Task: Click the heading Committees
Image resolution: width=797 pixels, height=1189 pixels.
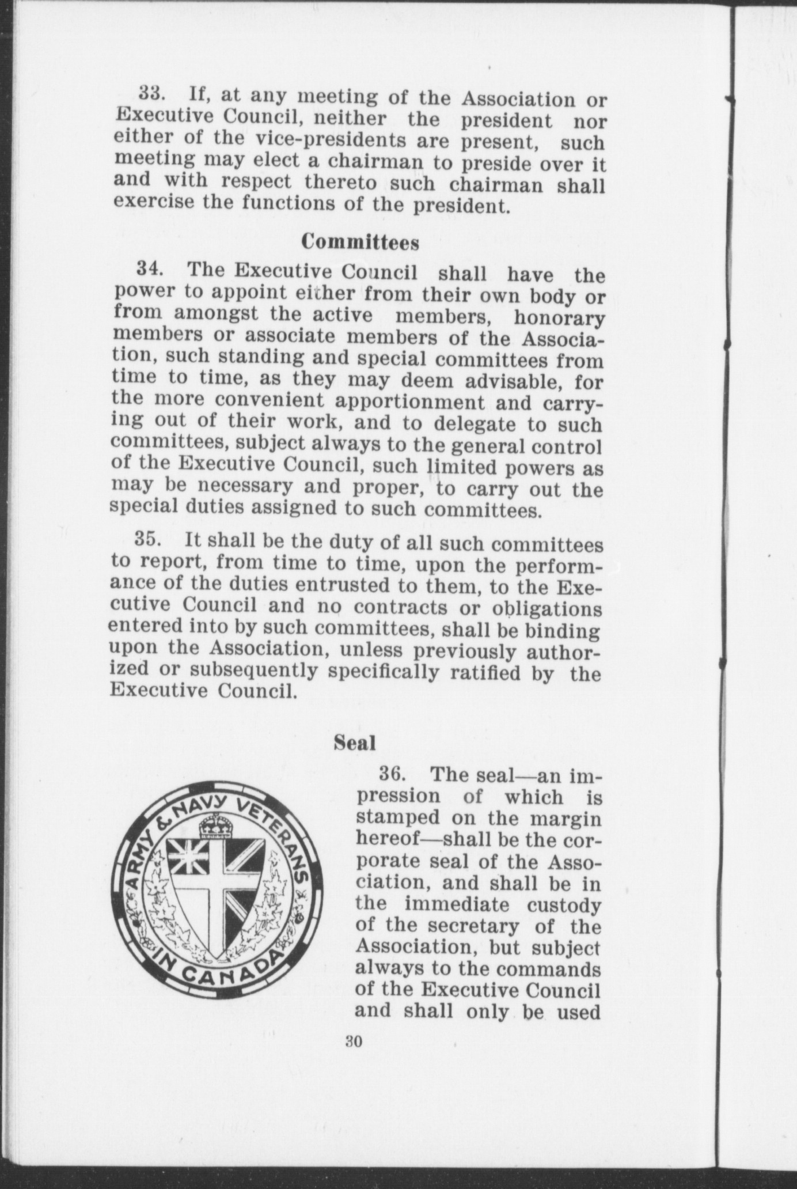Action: tap(360, 243)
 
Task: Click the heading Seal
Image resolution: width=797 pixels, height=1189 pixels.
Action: tap(355, 743)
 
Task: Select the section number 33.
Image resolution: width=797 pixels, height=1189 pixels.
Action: tap(150, 93)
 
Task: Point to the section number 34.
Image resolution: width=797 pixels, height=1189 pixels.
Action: tap(149, 268)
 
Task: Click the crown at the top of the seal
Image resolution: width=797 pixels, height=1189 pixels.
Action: tap(214, 828)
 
